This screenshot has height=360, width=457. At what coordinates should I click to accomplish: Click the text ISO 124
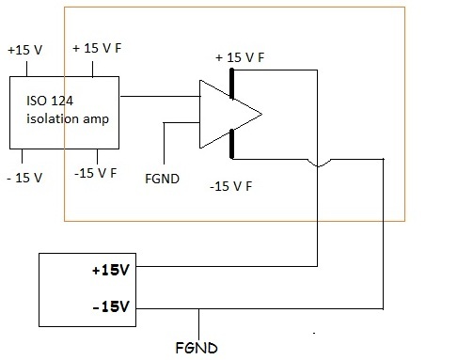point(50,101)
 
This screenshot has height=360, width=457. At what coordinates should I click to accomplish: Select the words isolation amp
point(68,118)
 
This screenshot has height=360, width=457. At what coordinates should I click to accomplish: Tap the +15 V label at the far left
point(24,50)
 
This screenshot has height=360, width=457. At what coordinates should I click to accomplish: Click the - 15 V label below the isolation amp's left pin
point(24,178)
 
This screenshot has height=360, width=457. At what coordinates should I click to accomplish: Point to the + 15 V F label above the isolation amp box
point(97,48)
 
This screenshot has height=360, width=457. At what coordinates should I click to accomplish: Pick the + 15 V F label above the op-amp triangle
point(240,57)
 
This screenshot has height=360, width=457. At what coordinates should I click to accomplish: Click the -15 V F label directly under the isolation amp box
point(95,173)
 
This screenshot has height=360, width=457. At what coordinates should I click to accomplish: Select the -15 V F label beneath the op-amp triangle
point(230,186)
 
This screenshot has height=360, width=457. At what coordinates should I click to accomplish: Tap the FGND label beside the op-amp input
point(162,179)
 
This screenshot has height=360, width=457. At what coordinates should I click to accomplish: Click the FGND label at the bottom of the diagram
point(197,348)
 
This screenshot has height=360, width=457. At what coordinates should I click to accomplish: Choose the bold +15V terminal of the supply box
point(111,270)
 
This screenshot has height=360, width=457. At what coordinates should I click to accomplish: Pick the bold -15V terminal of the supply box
point(111,306)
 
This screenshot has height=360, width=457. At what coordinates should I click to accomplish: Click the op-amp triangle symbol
point(230,114)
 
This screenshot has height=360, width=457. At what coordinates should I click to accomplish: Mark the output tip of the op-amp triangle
point(261,115)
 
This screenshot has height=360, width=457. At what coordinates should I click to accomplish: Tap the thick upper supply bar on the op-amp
point(231,84)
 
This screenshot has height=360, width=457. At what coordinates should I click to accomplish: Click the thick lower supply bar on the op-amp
point(231,144)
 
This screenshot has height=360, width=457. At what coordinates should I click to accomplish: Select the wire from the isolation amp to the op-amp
point(160,96)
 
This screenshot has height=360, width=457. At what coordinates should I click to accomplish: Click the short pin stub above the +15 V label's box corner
point(26,69)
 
